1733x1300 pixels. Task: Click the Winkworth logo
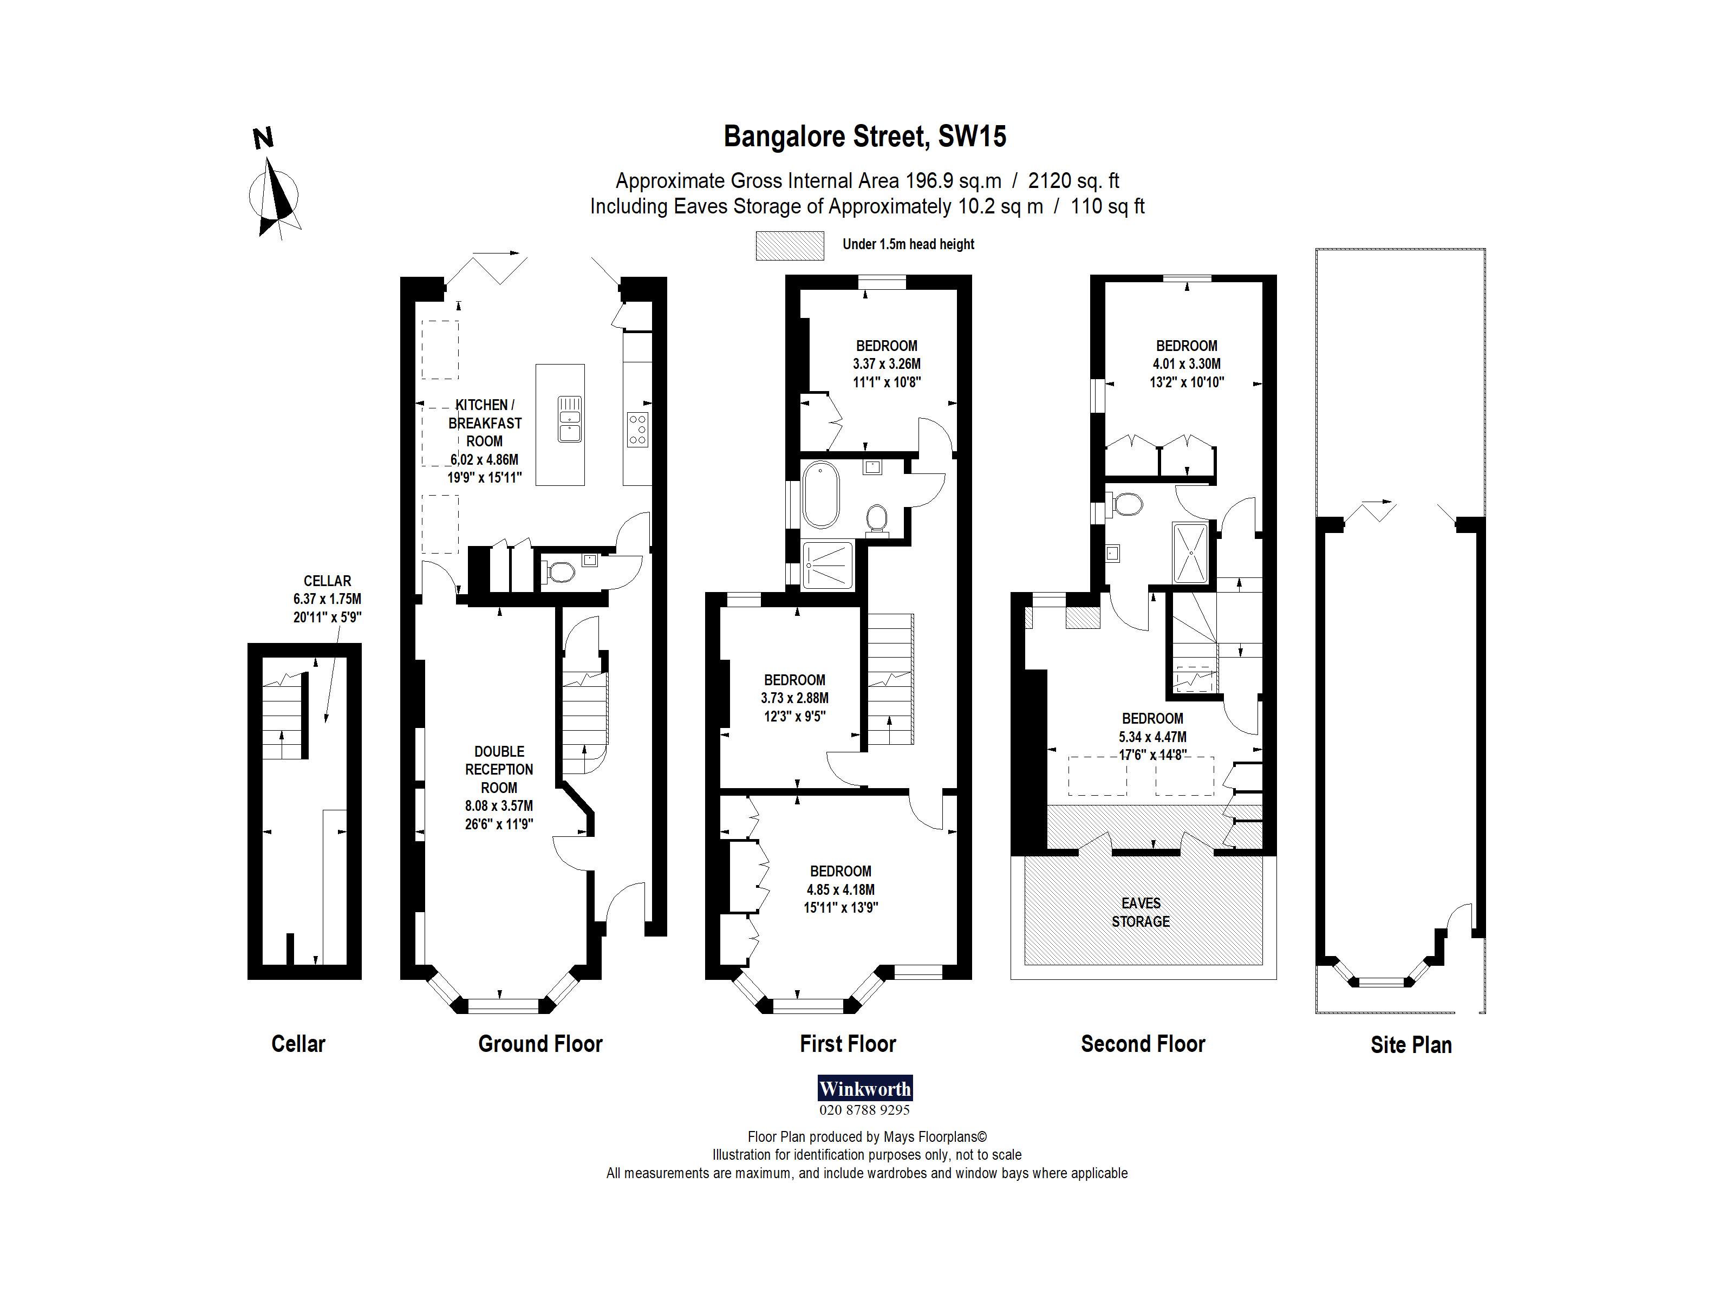pos(864,1088)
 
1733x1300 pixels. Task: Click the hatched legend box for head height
pos(789,245)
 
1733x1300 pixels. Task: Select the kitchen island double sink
pos(570,419)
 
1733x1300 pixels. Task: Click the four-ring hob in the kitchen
pos(637,430)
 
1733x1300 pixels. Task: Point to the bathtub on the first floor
pos(820,495)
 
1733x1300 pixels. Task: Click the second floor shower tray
pos(1190,552)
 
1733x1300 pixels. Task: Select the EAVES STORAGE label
pos(1140,912)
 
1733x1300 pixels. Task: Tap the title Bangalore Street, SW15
pos(864,136)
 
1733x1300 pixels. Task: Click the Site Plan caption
pos(1410,1044)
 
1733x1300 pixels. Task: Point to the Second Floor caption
pos(1142,1044)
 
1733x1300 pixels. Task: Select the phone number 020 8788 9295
pos(864,1109)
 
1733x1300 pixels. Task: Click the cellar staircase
pos(283,717)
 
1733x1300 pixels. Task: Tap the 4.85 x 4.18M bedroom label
pos(840,889)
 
